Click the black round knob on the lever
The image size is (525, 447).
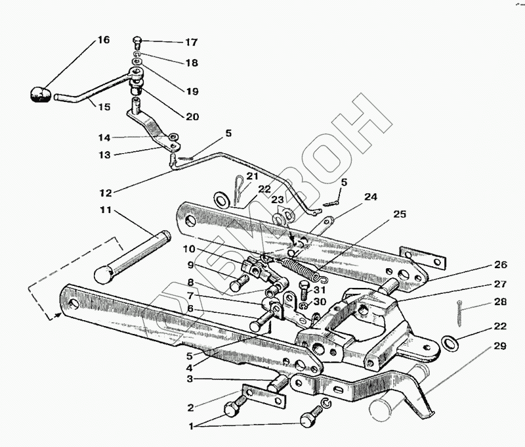(40, 93)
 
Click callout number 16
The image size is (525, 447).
(103, 40)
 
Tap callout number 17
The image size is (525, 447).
(190, 43)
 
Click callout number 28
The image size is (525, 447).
(501, 302)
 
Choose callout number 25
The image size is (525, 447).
(400, 215)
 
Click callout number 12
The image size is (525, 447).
(106, 193)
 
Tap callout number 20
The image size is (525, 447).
(192, 117)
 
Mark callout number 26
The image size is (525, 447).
(501, 266)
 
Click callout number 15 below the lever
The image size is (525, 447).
(104, 106)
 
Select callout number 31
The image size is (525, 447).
(320, 290)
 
